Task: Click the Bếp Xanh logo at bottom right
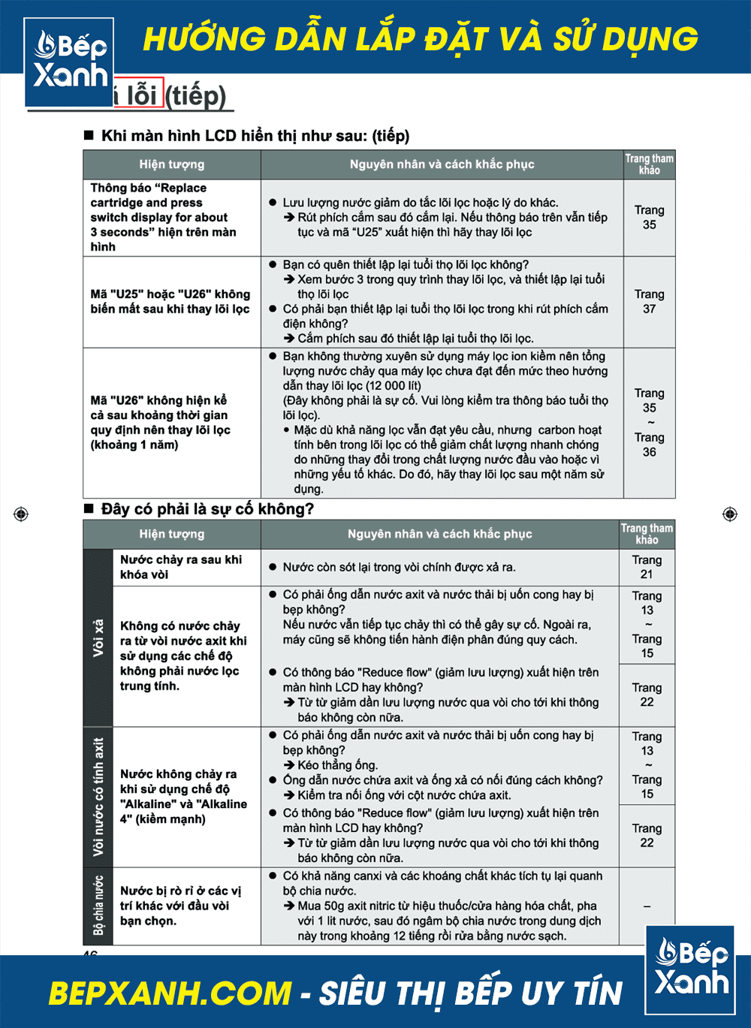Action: pyautogui.click(x=689, y=970)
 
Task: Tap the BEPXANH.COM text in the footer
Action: pyautogui.click(x=170, y=993)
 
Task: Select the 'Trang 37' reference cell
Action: pyautogui.click(x=649, y=302)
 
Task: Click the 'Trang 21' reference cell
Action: pyautogui.click(x=647, y=567)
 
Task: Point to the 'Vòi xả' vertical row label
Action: pyautogui.click(x=98, y=638)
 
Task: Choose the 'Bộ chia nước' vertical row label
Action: pyautogui.click(x=98, y=906)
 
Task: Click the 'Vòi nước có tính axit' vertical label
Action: pyautogui.click(x=98, y=797)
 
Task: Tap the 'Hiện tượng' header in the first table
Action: pyautogui.click(x=171, y=164)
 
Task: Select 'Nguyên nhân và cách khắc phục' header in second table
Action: pyautogui.click(x=439, y=534)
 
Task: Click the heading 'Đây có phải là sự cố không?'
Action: pyautogui.click(x=207, y=509)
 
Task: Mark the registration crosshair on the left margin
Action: pyautogui.click(x=21, y=514)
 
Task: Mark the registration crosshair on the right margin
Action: pyautogui.click(x=729, y=514)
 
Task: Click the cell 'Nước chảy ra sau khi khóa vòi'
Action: pyautogui.click(x=181, y=567)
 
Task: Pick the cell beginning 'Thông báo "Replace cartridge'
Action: pyautogui.click(x=163, y=217)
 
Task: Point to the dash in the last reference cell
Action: pyautogui.click(x=647, y=906)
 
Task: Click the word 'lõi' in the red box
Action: pyautogui.click(x=141, y=95)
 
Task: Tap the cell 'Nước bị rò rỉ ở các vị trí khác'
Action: pyautogui.click(x=180, y=906)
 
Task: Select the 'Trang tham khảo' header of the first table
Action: pyautogui.click(x=649, y=164)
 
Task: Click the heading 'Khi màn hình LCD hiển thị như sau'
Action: pyautogui.click(x=255, y=136)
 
